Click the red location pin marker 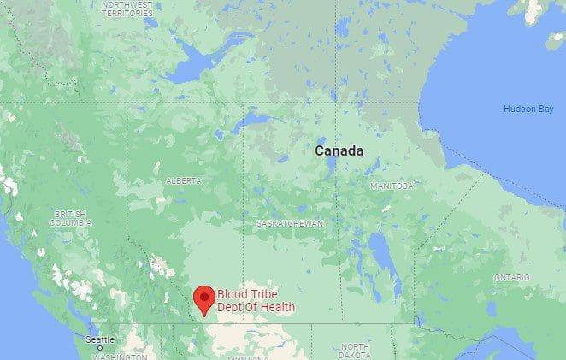(203, 298)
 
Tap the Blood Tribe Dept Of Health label (256, 301)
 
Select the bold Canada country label (339, 150)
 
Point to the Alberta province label (184, 181)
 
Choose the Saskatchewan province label (290, 223)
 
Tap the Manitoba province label (392, 186)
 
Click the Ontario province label (512, 277)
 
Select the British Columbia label (70, 218)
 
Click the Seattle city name (99, 339)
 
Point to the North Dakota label (355, 350)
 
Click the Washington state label (119, 357)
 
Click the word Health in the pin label (278, 307)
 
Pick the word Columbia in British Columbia (70, 222)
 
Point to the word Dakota (355, 354)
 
